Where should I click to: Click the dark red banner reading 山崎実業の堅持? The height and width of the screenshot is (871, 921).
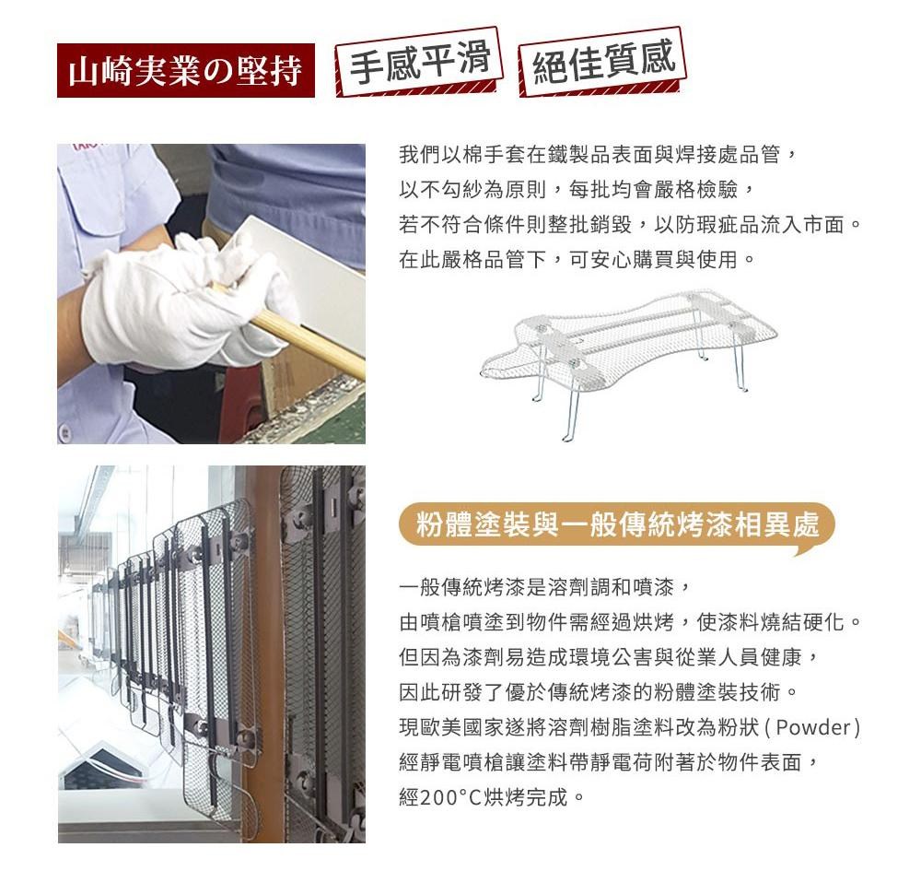186,71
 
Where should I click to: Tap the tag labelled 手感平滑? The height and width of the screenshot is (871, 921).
419,61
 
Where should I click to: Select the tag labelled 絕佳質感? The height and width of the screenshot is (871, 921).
602,61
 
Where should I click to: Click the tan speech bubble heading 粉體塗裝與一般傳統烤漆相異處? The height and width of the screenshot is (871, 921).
617,524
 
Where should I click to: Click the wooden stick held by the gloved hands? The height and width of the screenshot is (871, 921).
294,329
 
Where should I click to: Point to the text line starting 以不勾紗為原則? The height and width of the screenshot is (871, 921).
577,190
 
